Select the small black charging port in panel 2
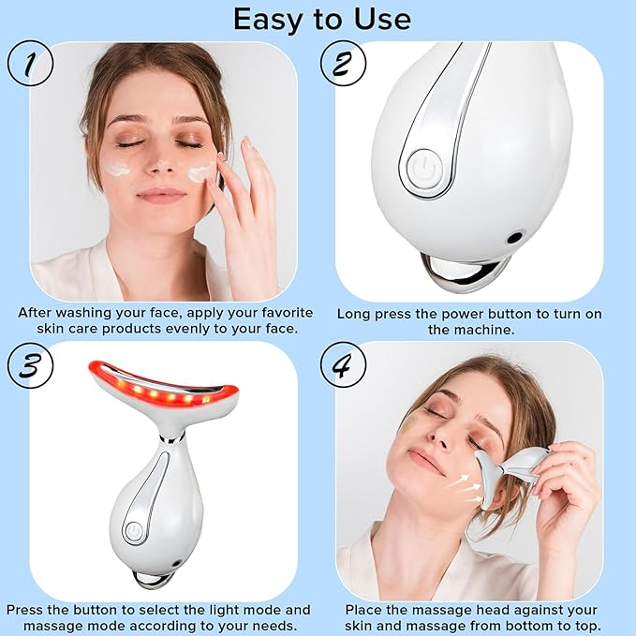click(513, 238)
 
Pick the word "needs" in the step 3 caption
click(268, 625)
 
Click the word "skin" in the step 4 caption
click(362, 625)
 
